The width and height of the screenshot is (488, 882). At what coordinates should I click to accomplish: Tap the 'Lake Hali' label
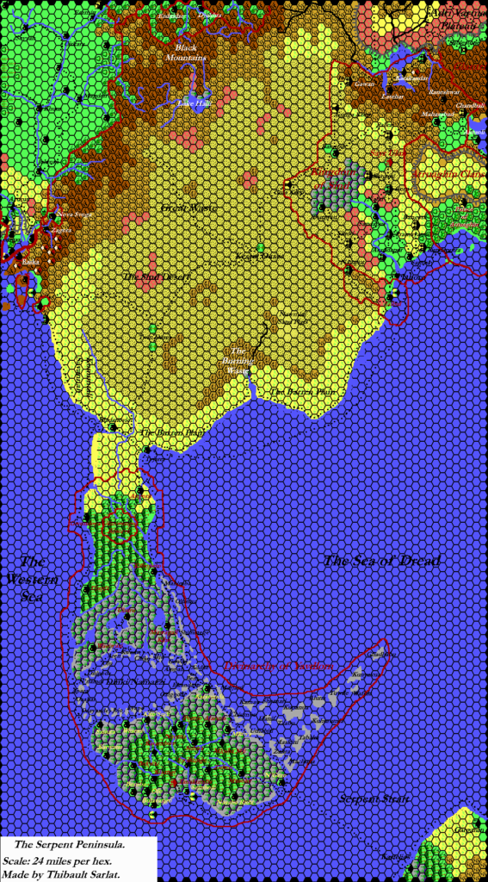point(194,103)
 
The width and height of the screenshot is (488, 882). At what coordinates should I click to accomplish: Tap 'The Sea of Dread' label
point(381,561)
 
